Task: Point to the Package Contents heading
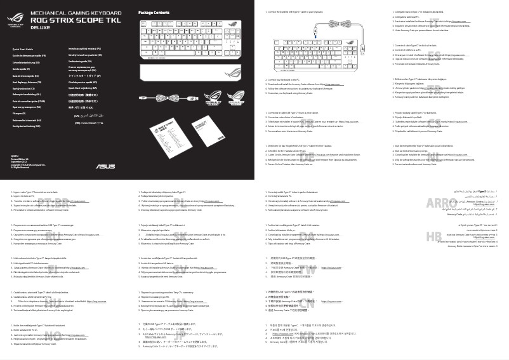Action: (x=154, y=12)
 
